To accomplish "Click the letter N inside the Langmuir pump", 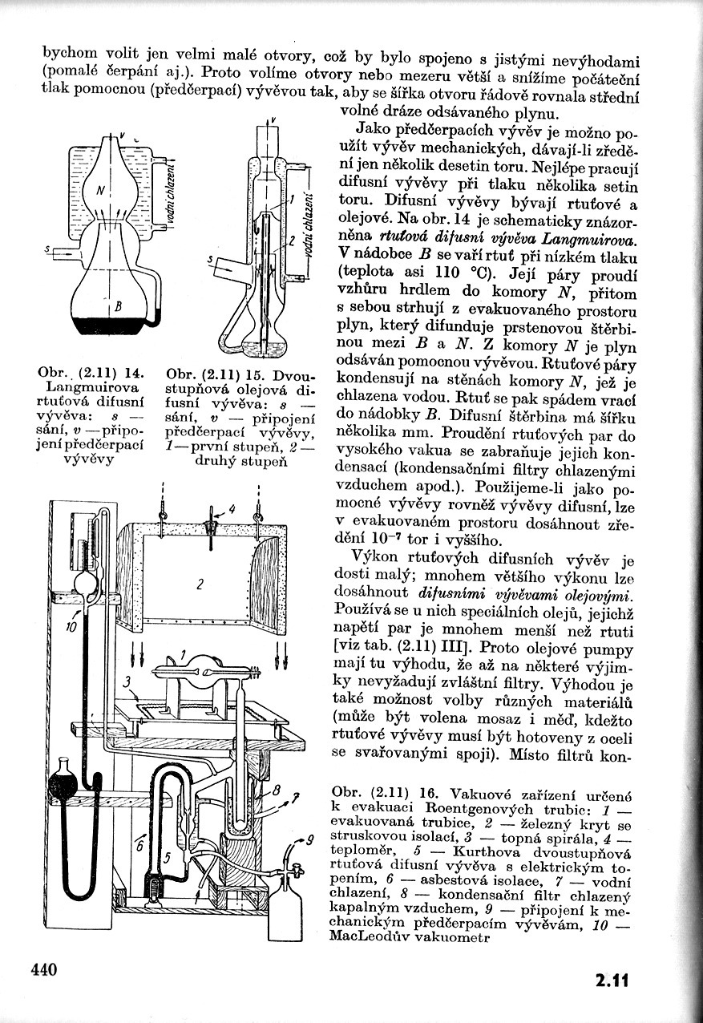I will (x=97, y=191).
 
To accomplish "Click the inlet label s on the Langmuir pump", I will (x=47, y=250).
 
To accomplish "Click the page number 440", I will (x=45, y=969).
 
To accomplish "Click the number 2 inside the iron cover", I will (x=198, y=584).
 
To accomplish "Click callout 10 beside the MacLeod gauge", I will (x=72, y=628).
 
